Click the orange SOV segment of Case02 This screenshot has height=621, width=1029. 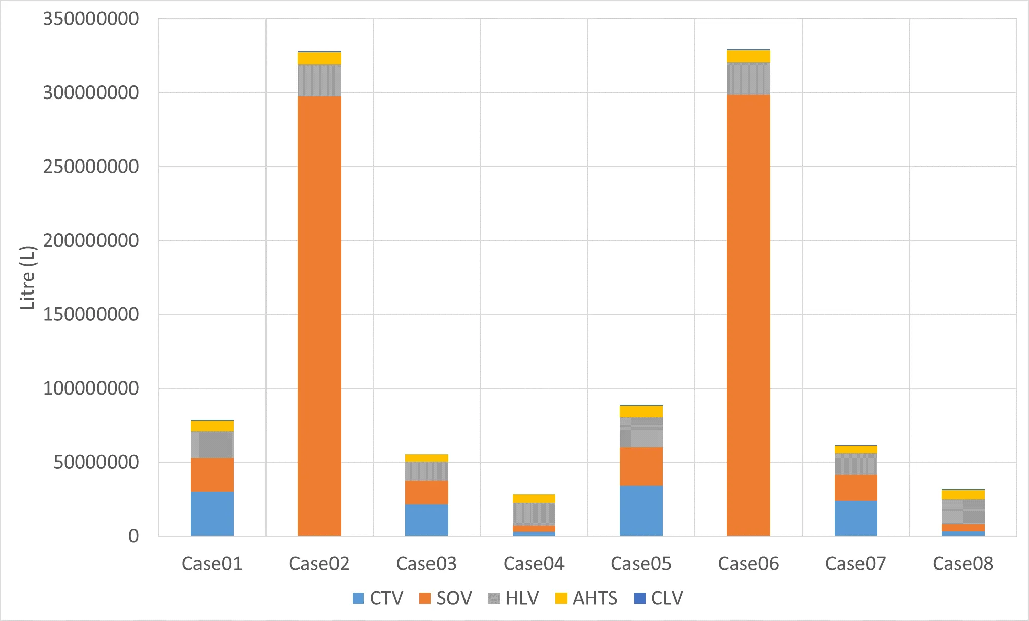319,315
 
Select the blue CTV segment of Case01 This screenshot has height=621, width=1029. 212,513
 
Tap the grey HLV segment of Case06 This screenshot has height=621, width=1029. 748,79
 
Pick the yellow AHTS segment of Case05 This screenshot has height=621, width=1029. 641,411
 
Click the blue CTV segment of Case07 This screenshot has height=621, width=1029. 855,518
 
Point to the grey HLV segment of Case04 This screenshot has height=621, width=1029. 534,514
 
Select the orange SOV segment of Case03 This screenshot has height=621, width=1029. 426,492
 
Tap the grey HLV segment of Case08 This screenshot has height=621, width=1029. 963,511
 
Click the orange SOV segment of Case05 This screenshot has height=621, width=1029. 641,466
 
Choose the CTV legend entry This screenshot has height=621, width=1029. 378,598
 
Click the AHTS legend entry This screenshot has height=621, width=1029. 586,598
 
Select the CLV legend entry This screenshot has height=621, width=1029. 658,598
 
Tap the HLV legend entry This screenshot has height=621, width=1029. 514,598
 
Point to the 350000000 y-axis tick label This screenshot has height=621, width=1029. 90,19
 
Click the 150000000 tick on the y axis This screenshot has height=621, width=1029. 90,314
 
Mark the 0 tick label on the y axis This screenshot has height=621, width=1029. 134,536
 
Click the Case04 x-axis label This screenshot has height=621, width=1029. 534,564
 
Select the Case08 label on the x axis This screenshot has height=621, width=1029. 963,564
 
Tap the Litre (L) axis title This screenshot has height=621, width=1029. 28,277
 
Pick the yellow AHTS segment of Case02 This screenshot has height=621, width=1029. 319,58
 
